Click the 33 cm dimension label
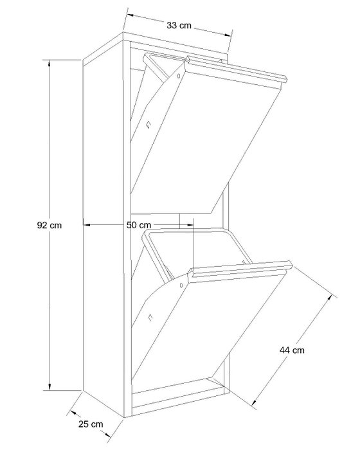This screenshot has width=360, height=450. [179, 25]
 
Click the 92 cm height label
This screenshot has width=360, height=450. [50, 225]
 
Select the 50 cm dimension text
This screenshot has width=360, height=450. [139, 225]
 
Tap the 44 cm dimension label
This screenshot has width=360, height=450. [292, 350]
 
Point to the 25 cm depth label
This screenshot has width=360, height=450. [91, 424]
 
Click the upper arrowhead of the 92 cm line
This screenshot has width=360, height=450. [50, 63]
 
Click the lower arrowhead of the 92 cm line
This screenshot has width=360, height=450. [50, 387]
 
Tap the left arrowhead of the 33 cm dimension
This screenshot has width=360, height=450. [130, 15]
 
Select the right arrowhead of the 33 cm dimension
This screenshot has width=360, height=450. [228, 35]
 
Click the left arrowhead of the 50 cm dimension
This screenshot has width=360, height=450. [87, 225]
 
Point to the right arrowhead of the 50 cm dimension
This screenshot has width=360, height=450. [190, 225]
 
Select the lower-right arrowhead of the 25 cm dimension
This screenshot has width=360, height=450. [107, 435]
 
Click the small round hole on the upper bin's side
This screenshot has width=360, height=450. [178, 76]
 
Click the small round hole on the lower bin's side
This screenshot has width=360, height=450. [181, 285]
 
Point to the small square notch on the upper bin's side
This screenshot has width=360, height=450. [148, 125]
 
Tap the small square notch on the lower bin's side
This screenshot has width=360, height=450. [150, 318]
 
